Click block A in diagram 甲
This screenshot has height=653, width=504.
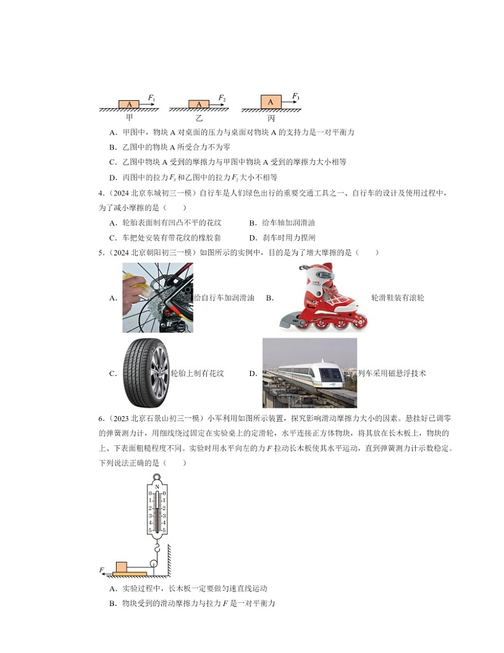[129, 104]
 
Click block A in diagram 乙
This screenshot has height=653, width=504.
[199, 104]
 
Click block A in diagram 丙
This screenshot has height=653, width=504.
[270, 102]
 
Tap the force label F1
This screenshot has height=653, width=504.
[151, 98]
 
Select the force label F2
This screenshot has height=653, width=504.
[222, 98]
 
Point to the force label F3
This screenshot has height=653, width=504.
[296, 96]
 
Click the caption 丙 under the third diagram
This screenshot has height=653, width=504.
[271, 118]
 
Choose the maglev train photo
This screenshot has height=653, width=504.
[309, 373]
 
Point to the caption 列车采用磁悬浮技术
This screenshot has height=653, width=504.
[392, 374]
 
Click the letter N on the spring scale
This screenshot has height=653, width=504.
[157, 487]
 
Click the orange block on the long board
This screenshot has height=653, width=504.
[121, 567]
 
